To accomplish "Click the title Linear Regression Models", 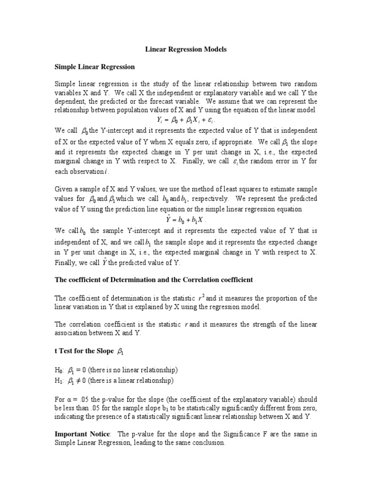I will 186,49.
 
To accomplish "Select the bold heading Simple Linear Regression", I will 94,66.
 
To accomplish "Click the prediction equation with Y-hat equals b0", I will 186,218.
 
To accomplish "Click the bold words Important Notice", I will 82,434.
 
